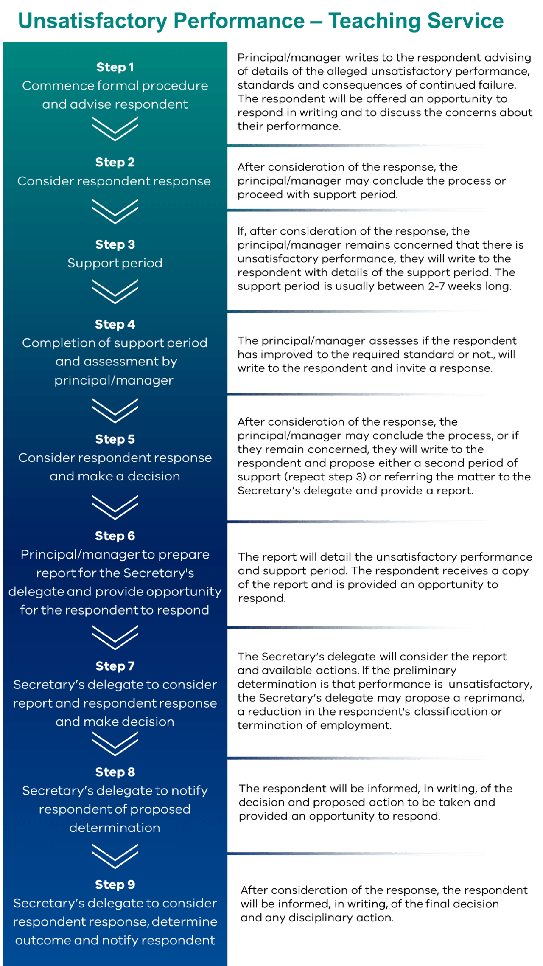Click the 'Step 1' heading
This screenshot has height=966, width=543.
(x=115, y=67)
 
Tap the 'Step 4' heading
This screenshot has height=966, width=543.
(x=115, y=324)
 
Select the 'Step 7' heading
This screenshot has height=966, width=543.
(x=115, y=666)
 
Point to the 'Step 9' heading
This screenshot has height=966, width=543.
(x=115, y=885)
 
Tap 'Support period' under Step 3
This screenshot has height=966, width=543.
(x=115, y=263)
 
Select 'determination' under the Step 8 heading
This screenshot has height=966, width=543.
(x=115, y=828)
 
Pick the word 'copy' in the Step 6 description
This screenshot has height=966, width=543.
(x=515, y=571)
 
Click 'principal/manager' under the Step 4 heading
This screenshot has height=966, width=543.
(x=114, y=380)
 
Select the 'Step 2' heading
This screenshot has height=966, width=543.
(x=115, y=162)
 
